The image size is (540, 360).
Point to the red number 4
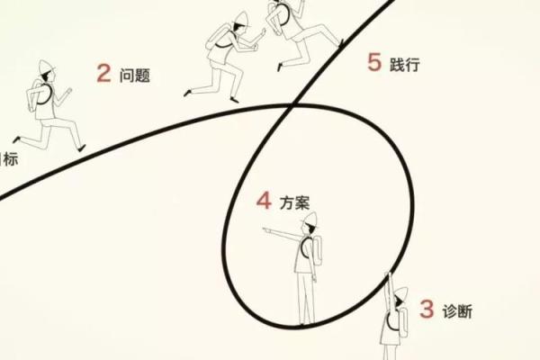(x=264, y=200)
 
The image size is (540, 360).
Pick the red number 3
(x=427, y=310)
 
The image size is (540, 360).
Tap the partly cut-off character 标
(x=9, y=158)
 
